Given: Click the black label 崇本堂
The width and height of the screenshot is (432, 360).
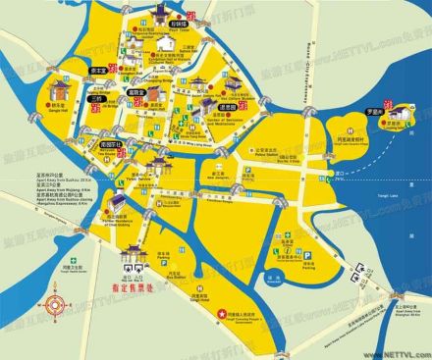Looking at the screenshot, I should pyautogui.click(x=98, y=72).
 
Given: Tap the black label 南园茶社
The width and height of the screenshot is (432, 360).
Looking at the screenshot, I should pyautogui.click(x=109, y=142).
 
